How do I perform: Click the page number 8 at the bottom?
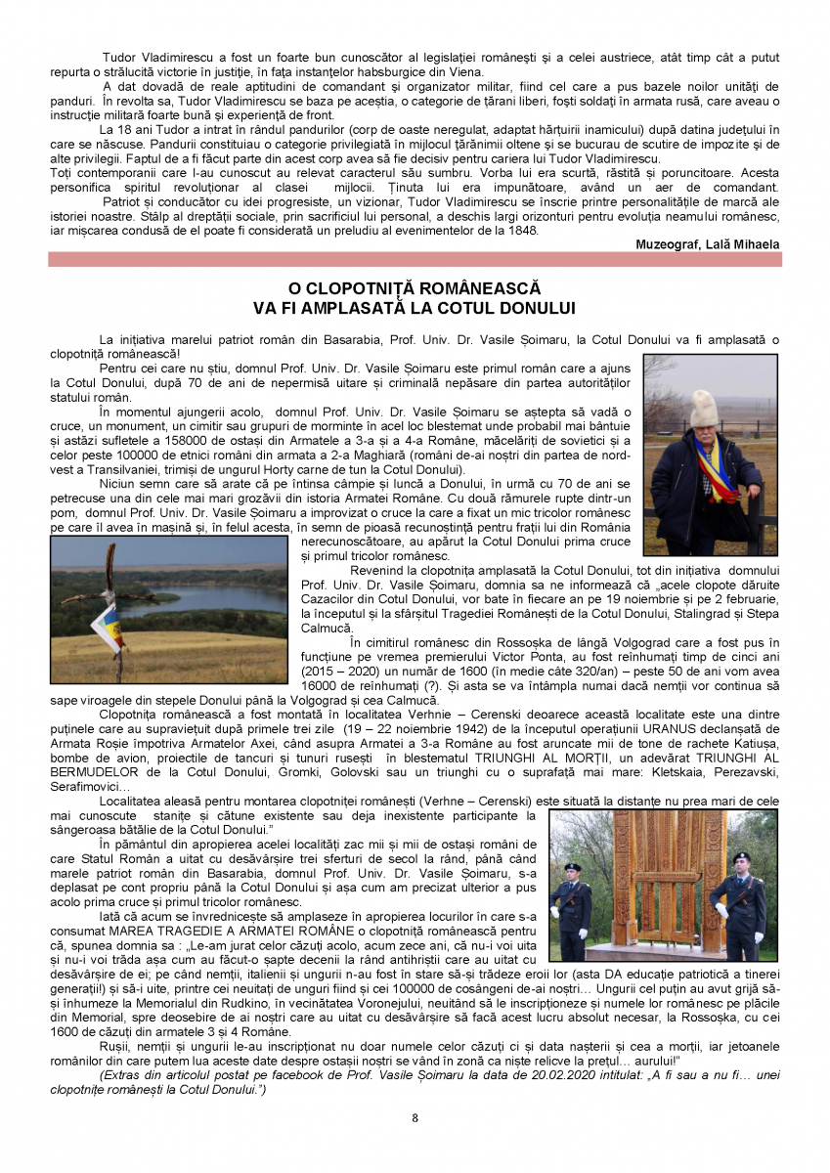[x=415, y=1118]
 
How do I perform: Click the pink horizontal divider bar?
[x=415, y=259]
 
